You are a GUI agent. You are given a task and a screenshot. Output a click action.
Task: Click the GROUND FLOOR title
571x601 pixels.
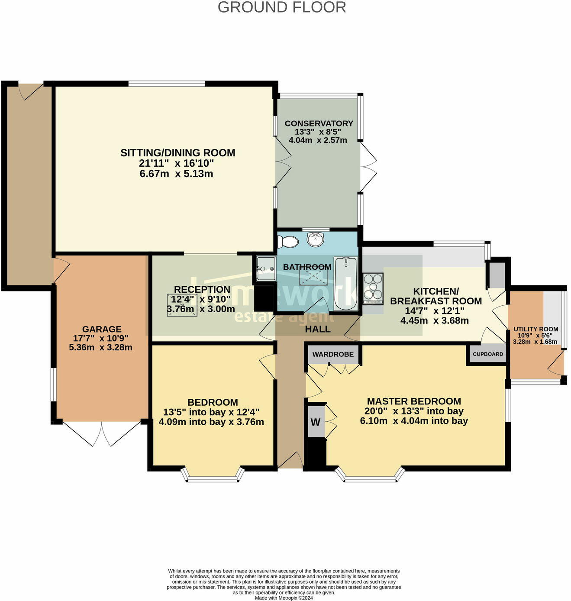(x=281, y=7)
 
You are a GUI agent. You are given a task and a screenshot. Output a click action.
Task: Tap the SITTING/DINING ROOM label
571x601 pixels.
(x=177, y=153)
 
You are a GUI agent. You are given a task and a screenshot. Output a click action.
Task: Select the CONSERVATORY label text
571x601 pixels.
(x=319, y=123)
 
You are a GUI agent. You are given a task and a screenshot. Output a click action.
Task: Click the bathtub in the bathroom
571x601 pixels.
(x=345, y=284)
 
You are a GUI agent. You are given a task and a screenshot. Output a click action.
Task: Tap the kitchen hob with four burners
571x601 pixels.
(x=373, y=288)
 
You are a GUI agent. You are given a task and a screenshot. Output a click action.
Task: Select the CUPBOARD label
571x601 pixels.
(x=488, y=354)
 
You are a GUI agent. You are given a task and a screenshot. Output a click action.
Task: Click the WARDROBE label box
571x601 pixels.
(x=333, y=354)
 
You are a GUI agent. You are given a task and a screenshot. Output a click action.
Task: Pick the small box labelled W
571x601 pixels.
(x=315, y=422)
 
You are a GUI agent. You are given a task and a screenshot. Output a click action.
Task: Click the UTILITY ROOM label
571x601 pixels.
(x=536, y=329)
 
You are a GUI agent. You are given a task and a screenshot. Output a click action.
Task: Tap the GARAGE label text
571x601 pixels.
(x=102, y=329)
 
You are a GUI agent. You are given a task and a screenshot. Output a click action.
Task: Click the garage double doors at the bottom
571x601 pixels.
(x=102, y=433)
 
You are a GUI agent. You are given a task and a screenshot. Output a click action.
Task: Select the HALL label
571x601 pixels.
(x=317, y=329)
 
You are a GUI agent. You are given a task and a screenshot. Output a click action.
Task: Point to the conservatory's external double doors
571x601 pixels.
(x=368, y=167)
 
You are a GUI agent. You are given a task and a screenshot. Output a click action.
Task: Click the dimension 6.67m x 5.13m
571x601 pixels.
(x=176, y=174)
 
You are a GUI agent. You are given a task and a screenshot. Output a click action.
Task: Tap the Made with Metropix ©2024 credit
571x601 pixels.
(x=284, y=598)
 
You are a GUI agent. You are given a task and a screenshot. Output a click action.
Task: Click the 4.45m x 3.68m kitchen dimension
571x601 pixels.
(x=434, y=321)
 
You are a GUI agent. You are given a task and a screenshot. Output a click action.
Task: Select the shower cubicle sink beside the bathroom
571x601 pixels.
(x=265, y=268)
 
